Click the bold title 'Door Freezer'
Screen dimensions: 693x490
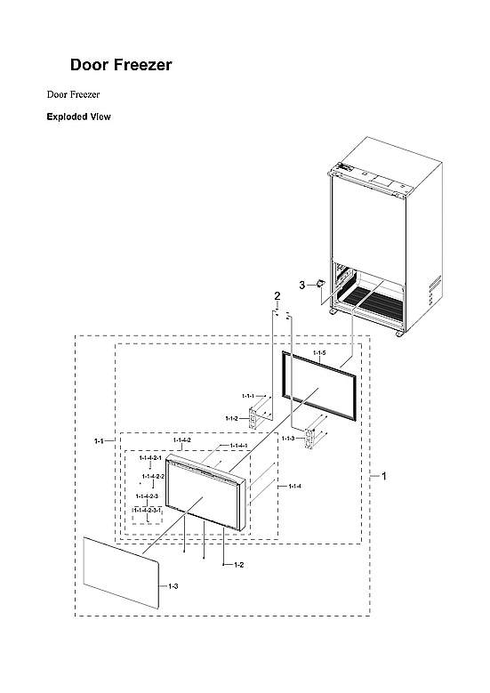(x=121, y=65)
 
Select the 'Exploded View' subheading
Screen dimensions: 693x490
(x=78, y=117)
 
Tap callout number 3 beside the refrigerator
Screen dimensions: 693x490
(x=301, y=285)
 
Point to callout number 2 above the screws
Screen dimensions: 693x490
(x=277, y=296)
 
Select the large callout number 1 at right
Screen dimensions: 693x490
(x=384, y=477)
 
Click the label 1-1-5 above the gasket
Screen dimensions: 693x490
(x=319, y=354)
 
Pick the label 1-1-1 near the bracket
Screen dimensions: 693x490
(x=248, y=396)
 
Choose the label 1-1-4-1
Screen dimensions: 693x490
(x=238, y=446)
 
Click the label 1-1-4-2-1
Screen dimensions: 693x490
(x=150, y=457)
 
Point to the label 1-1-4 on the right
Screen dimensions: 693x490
(x=294, y=486)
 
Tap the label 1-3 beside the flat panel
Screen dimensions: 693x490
(x=173, y=586)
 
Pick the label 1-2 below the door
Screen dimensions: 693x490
(x=238, y=565)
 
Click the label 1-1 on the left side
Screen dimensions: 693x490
(x=100, y=440)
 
